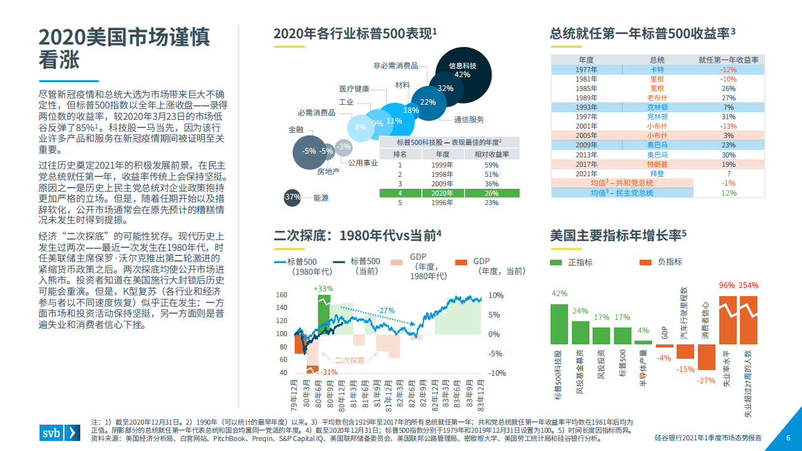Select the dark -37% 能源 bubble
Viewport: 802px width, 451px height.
(x=292, y=197)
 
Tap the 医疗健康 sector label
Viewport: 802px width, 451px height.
(x=354, y=88)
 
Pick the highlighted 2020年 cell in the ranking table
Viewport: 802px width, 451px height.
(x=443, y=193)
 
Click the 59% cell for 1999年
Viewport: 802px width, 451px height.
(x=491, y=165)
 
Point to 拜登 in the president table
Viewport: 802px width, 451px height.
(x=657, y=173)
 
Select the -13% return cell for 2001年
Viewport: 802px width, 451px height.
(x=728, y=126)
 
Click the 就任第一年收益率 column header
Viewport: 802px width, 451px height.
(x=728, y=60)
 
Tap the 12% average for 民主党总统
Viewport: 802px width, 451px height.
(x=728, y=193)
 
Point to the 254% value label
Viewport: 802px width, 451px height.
(x=747, y=285)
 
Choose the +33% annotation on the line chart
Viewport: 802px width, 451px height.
(x=323, y=289)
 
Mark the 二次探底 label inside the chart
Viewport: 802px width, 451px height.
(x=349, y=361)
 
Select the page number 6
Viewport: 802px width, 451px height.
(x=788, y=438)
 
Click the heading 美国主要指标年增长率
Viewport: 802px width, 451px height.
(x=618, y=235)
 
